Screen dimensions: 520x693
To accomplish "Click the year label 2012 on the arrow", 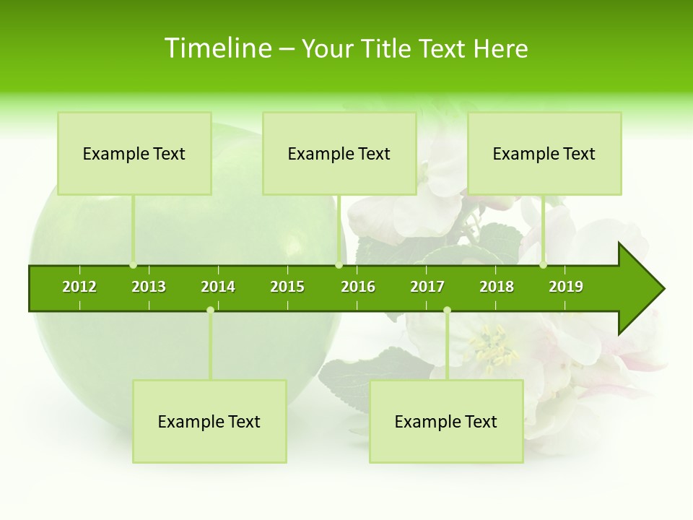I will (x=79, y=287).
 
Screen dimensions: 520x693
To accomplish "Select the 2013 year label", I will (x=149, y=287).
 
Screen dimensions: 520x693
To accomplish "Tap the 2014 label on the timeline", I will (x=218, y=287).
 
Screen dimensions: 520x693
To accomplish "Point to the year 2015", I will (x=287, y=287).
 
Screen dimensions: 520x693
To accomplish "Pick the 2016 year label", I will (x=358, y=287).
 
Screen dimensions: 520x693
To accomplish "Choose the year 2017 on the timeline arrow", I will (x=427, y=287).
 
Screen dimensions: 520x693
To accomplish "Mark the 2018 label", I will (x=497, y=287).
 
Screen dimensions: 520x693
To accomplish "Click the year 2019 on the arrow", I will (x=566, y=287).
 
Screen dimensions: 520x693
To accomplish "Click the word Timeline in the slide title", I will (x=217, y=48).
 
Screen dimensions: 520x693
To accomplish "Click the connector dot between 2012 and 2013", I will (x=133, y=265).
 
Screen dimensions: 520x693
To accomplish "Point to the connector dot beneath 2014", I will (x=210, y=310).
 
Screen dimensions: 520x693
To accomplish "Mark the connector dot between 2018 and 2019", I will (x=543, y=265).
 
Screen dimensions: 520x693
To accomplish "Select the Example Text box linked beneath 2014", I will (x=209, y=421).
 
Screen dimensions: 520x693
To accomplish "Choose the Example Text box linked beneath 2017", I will (x=446, y=421).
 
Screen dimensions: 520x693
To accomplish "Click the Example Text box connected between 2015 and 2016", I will (x=339, y=153).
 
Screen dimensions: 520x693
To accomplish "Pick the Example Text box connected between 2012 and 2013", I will (x=134, y=153).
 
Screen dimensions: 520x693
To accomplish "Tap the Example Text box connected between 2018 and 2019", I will (x=544, y=153).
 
